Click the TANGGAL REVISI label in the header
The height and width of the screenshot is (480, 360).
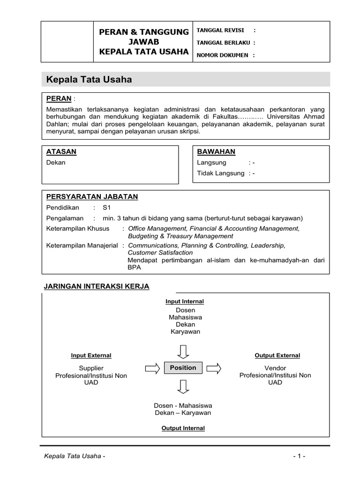coord(220,30)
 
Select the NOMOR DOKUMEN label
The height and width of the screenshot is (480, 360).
coord(223,55)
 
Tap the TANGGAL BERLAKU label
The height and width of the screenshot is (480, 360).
coord(223,43)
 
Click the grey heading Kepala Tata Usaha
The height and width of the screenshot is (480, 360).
coord(89,80)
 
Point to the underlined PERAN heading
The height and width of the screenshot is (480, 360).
coord(59,98)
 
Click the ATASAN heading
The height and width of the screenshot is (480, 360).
coord(61,151)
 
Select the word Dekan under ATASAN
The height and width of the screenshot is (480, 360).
coord(56,163)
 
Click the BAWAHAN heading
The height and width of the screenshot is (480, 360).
coord(216,151)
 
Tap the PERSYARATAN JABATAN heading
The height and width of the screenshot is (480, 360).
coord(92,196)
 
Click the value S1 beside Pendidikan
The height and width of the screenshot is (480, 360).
coord(107,207)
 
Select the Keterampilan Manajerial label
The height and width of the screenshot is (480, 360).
coord(82,245)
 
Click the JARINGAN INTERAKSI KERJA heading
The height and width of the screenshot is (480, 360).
coord(96,286)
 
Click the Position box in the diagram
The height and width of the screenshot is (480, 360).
coord(183,368)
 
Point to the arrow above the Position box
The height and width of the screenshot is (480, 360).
coord(183,350)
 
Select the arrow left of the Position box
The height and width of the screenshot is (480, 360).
coord(152,368)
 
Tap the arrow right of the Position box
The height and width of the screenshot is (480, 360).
coord(214,368)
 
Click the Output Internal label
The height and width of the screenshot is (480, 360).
coord(183,428)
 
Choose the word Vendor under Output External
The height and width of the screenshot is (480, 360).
coord(275,368)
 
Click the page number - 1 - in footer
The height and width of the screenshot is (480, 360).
coord(299,457)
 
